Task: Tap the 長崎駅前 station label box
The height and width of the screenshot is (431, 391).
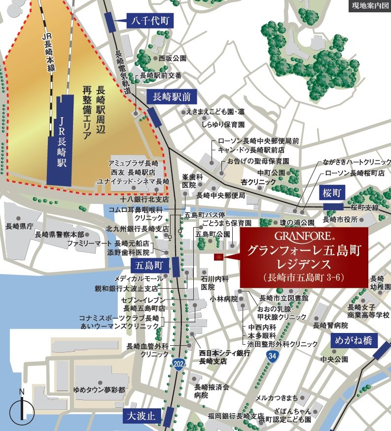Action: (172, 96)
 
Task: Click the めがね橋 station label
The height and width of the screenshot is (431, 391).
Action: (355, 340)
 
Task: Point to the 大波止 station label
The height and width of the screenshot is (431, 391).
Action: (140, 416)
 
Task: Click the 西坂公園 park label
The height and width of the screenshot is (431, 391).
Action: (173, 58)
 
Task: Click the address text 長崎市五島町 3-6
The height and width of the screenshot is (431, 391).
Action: (304, 277)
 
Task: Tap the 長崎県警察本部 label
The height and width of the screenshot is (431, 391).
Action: (60, 234)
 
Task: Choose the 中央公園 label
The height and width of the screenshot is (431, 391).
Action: (334, 359)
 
